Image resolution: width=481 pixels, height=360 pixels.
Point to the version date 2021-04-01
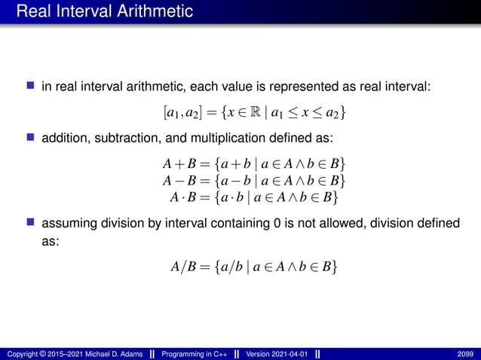point(287,353)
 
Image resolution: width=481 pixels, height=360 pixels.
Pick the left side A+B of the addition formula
point(176,164)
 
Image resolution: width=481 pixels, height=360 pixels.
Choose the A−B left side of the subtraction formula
point(176,181)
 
